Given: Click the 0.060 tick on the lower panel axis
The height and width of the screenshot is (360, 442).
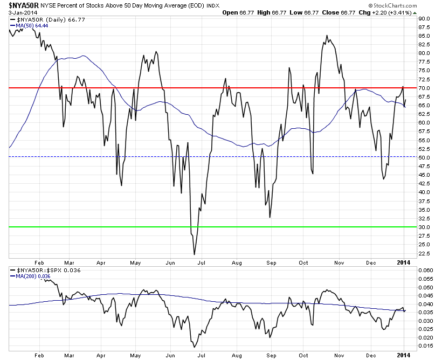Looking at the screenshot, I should [426, 271].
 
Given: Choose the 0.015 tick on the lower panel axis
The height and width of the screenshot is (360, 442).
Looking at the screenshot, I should [426, 346].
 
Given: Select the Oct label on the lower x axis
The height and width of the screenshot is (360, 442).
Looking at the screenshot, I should [304, 354].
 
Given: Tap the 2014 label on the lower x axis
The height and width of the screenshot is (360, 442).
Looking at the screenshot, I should [404, 354].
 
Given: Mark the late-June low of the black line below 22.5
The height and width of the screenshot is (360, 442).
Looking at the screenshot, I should [194, 254].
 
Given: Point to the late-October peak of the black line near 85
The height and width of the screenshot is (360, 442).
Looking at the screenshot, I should [327, 36].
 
